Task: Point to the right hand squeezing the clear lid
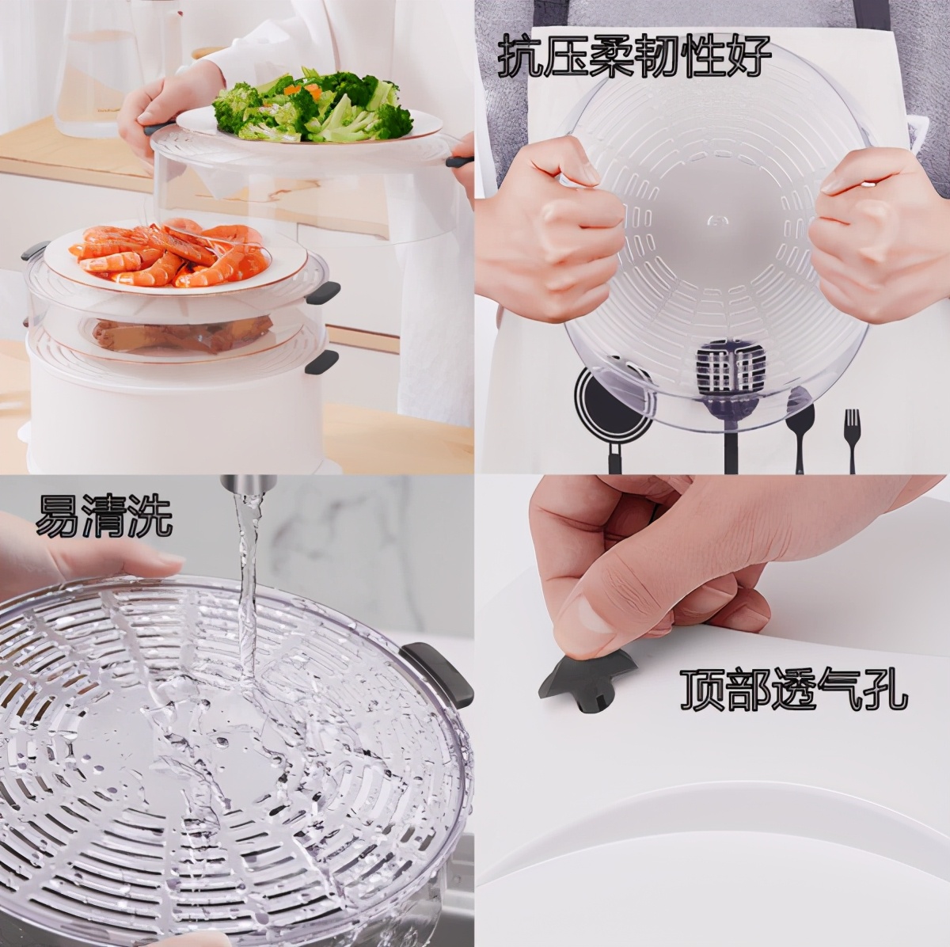pos(871,238)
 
